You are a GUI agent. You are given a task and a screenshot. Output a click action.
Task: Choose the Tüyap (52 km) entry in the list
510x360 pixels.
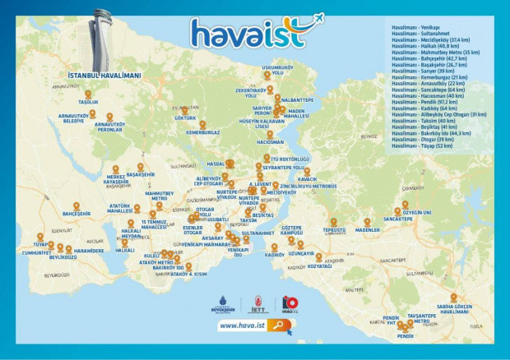point(415,145)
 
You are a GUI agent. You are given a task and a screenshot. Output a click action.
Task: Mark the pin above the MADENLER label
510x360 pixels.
point(367,221)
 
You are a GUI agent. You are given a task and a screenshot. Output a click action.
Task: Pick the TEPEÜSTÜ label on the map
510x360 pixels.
point(334,230)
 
